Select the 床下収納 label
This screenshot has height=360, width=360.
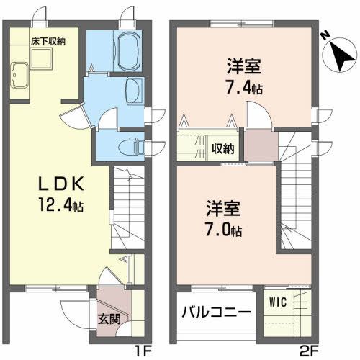pyautogui.click(x=48, y=42)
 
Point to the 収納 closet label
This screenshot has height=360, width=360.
pyautogui.click(x=222, y=149)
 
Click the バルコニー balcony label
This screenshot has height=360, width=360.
pyautogui.click(x=215, y=313)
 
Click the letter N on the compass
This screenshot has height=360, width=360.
pyautogui.click(x=325, y=35)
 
